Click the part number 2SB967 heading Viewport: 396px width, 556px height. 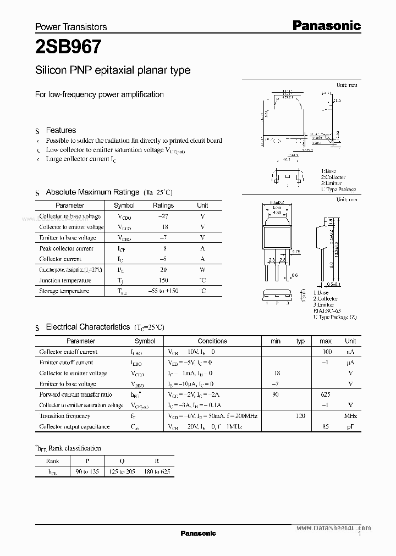tap(68, 47)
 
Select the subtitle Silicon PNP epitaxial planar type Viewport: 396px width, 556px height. tap(113, 70)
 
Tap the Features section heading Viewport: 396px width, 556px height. tap(61, 130)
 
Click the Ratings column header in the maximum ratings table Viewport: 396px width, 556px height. tap(163, 205)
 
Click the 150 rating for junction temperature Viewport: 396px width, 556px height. tap(163, 280)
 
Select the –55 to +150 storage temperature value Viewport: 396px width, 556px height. tap(163, 291)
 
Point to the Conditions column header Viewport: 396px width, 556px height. tap(212, 341)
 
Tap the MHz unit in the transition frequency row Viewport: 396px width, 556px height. tap(350, 416)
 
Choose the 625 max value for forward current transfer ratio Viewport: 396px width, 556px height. tap(325, 394)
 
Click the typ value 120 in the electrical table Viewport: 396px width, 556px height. tap(300, 416)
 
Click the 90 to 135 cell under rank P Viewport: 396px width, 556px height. tap(87, 472)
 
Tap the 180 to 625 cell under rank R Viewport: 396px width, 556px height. tap(157, 472)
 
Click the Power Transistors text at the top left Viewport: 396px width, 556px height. tap(71, 26)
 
